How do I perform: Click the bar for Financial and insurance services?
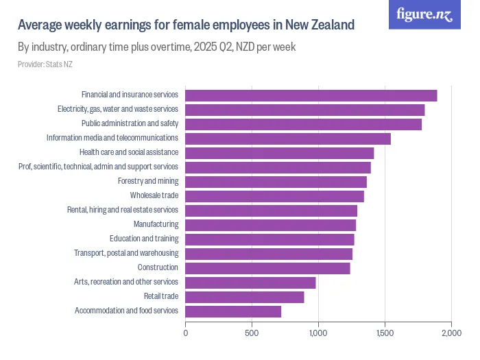311,95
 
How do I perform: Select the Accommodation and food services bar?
233,311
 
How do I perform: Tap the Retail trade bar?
244,297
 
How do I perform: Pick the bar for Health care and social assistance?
279,153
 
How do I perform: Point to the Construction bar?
267,268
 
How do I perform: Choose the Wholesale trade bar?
274,196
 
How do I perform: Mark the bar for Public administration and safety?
303,124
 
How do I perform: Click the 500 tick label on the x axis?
252,333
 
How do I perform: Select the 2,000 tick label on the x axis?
451,333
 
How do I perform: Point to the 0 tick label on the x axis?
185,333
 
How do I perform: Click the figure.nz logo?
424,14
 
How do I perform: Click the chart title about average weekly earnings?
186,25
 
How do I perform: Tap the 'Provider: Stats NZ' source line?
45,64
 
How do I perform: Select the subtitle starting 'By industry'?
156,48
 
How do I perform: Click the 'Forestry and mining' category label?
148,182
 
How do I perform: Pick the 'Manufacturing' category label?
156,225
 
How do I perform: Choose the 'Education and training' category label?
144,239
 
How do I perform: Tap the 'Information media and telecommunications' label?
112,139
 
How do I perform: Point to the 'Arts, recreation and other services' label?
126,283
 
